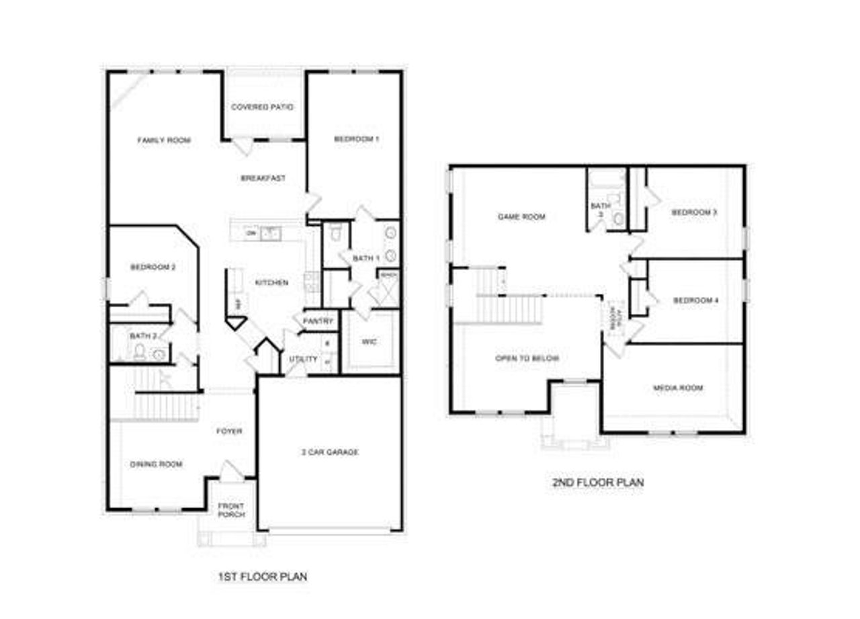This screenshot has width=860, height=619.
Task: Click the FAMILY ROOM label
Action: coord(164,140)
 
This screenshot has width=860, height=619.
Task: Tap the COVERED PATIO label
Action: coord(262,108)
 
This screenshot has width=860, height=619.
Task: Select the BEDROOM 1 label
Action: coord(357,139)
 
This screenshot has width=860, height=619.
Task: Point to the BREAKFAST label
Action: coord(263,179)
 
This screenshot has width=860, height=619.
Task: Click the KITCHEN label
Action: coord(271,283)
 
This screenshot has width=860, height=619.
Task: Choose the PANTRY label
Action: coord(318,321)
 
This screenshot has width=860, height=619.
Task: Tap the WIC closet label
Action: coord(370,342)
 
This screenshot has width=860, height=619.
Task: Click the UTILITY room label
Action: coord(303,360)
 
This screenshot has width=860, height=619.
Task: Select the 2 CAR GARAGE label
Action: coord(329,452)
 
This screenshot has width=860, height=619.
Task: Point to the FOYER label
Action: coord(229,431)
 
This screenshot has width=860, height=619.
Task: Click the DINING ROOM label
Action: coord(156,464)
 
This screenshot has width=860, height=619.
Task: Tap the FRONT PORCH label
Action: coord(230,510)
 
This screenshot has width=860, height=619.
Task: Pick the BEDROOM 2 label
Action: coord(153,267)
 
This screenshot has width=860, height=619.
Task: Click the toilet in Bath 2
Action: coord(140,351)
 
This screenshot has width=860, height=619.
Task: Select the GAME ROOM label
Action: coord(521,217)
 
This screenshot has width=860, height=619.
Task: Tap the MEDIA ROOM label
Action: coord(678,388)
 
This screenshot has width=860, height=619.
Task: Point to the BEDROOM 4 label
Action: coord(696,300)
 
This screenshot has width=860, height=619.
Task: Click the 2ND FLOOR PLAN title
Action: coord(597,482)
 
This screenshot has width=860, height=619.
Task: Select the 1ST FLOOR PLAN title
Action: coord(263,577)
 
